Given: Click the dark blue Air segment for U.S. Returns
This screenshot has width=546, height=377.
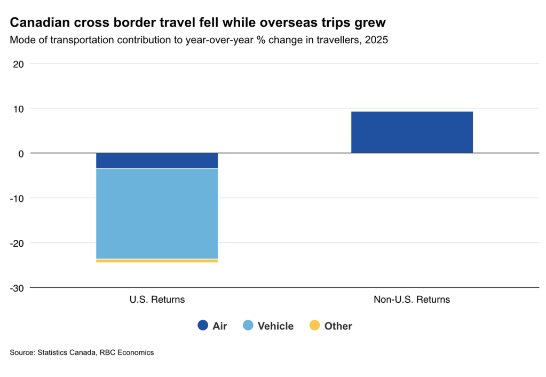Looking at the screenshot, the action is (x=157, y=161).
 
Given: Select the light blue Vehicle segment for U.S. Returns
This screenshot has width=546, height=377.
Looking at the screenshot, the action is (x=157, y=214).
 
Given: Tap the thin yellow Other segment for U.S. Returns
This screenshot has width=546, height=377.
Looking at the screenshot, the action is (x=157, y=261).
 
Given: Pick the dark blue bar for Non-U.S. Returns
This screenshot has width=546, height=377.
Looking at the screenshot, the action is (x=412, y=132).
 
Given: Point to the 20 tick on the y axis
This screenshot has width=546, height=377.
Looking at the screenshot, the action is (x=19, y=64).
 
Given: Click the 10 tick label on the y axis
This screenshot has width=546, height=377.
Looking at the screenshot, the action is (x=19, y=109).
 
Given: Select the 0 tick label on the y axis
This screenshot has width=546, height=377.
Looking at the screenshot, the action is (x=21, y=154).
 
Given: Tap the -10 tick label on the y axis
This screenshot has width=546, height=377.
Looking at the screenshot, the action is (x=17, y=199).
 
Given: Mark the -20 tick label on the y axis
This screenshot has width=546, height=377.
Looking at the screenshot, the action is (x=17, y=243).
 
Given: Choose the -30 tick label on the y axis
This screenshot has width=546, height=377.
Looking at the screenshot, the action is (x=17, y=288).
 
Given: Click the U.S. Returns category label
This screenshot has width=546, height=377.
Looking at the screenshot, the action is (x=157, y=300).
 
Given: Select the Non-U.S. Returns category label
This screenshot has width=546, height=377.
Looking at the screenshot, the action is (x=412, y=300).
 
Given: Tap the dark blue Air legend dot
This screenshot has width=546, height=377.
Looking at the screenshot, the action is (x=203, y=325).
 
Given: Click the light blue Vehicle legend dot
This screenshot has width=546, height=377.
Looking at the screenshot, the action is (x=248, y=325).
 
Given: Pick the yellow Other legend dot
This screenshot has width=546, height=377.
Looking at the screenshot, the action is (x=314, y=325).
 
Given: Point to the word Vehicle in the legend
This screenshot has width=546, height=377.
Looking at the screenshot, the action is (x=275, y=326).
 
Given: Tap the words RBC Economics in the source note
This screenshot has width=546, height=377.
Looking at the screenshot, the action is (x=126, y=352).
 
